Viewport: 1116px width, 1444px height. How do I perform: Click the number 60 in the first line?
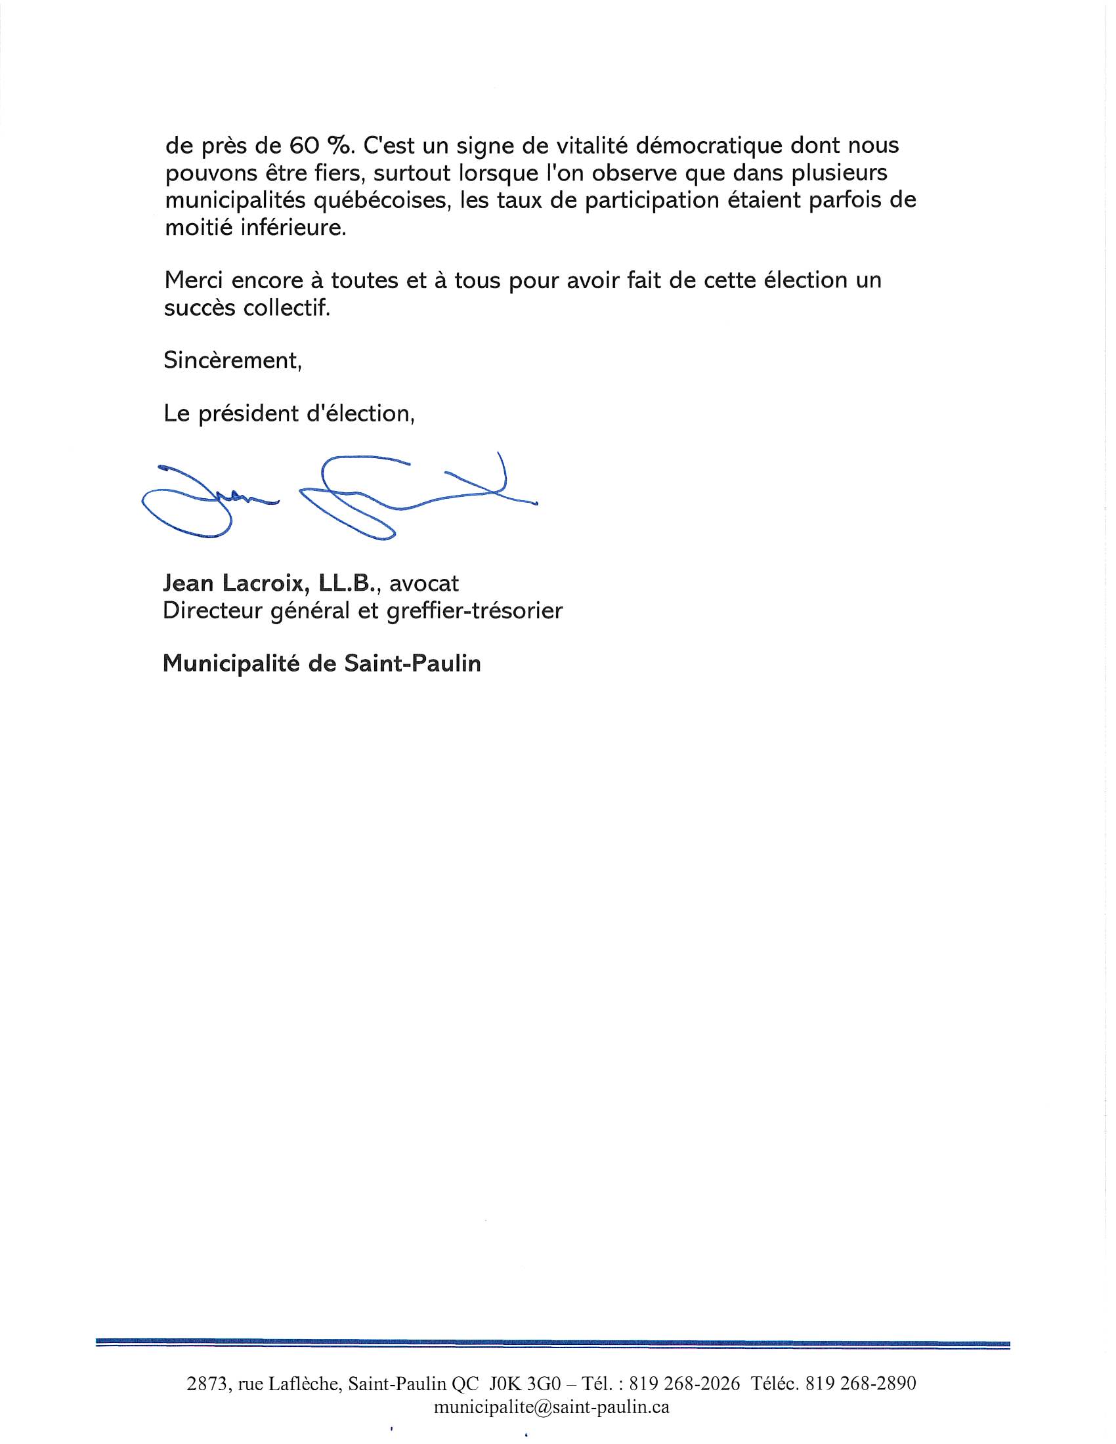(305, 145)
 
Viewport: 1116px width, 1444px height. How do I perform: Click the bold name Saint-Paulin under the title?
(412, 663)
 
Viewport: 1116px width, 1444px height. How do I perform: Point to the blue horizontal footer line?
(553, 1345)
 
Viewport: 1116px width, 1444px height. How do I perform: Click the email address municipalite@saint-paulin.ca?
(551, 1408)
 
